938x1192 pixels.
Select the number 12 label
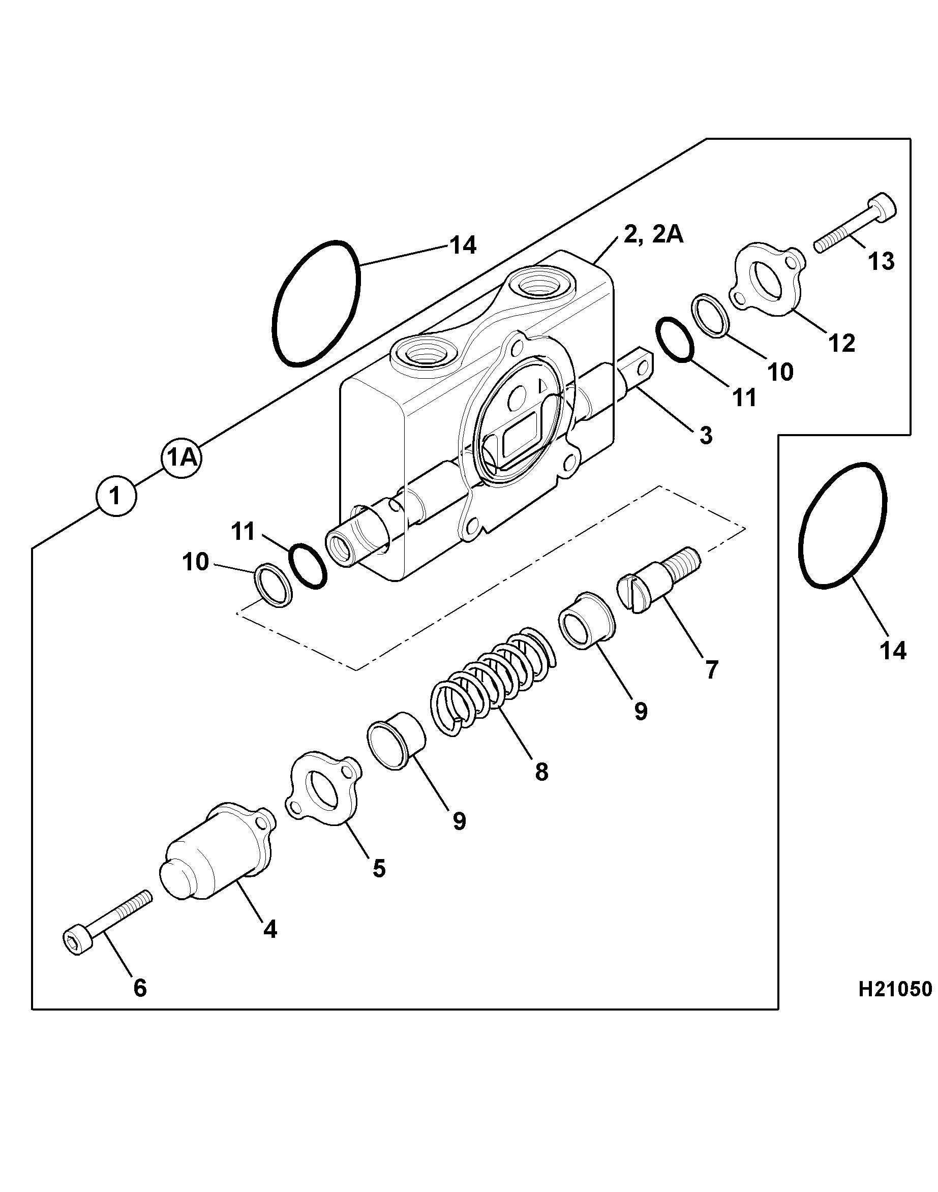click(842, 343)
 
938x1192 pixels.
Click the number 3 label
click(706, 436)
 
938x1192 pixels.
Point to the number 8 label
click(541, 772)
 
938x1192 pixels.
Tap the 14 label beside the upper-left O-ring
click(463, 245)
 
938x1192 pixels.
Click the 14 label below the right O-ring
click(892, 651)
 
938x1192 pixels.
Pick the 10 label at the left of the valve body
click(196, 562)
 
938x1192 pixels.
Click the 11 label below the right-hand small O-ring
click(744, 398)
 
